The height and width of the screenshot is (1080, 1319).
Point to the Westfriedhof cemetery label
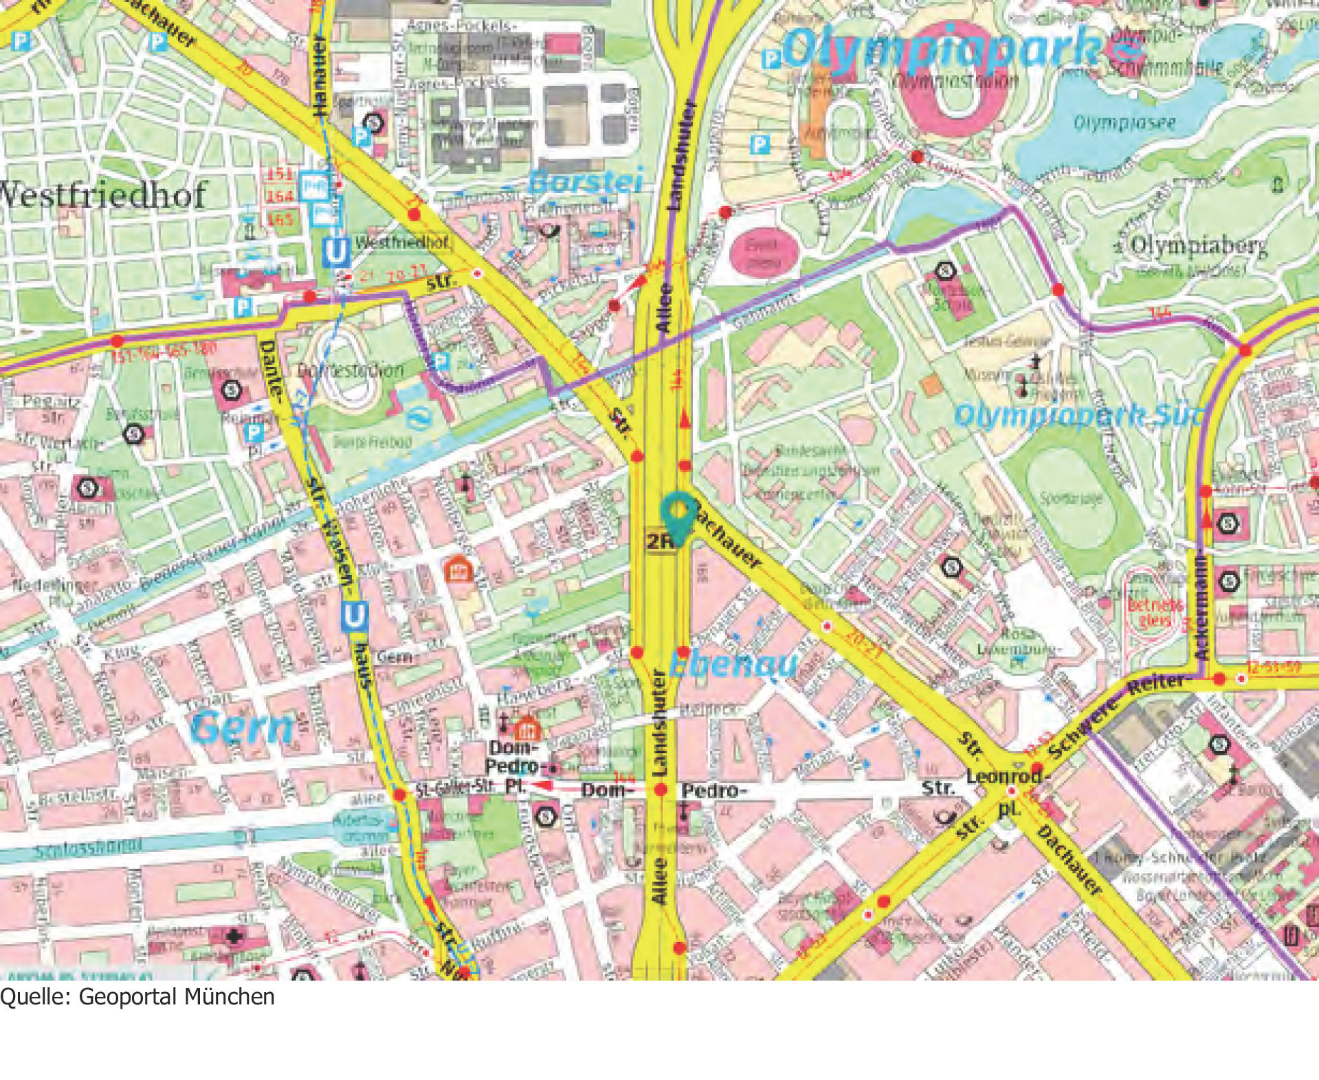click(x=103, y=195)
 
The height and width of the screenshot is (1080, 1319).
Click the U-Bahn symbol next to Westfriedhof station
click(x=336, y=253)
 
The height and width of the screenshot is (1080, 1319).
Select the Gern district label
click(x=242, y=728)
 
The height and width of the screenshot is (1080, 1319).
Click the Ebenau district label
click(x=733, y=664)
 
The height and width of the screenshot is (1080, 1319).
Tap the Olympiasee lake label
click(x=1124, y=124)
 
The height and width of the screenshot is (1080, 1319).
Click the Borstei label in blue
click(x=586, y=182)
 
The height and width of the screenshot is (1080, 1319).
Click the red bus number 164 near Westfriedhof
click(x=280, y=196)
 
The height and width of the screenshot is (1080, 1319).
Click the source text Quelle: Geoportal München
click(x=137, y=997)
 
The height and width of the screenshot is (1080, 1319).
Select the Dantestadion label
click(x=351, y=370)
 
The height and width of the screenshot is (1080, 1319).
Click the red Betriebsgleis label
click(x=1155, y=612)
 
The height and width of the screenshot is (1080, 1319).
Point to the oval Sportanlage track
click(x=1069, y=499)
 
